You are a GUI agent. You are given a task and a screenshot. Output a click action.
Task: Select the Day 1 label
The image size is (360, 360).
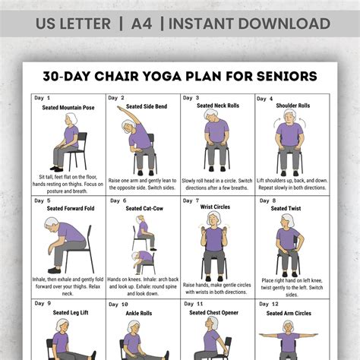point(43,98)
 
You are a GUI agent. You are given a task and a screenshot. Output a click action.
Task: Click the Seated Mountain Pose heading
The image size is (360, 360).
point(68,108)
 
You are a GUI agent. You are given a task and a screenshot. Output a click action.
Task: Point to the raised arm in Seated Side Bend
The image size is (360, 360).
point(125,113)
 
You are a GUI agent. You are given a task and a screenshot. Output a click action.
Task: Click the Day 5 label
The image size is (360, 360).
point(43,201)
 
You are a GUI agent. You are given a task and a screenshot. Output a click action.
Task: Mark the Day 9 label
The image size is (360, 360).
point(43,304)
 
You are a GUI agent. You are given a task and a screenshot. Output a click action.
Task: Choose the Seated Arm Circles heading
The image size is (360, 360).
point(292,314)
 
